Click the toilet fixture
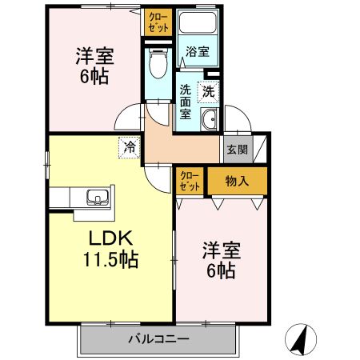coord(158,62)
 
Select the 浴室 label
coord(198,52)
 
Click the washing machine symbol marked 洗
coord(209,91)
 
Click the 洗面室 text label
coord(185,102)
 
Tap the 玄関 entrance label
coord(236,148)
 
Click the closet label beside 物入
coord(190,181)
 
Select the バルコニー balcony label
coord(158,338)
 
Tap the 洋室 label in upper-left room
coord(94,57)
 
